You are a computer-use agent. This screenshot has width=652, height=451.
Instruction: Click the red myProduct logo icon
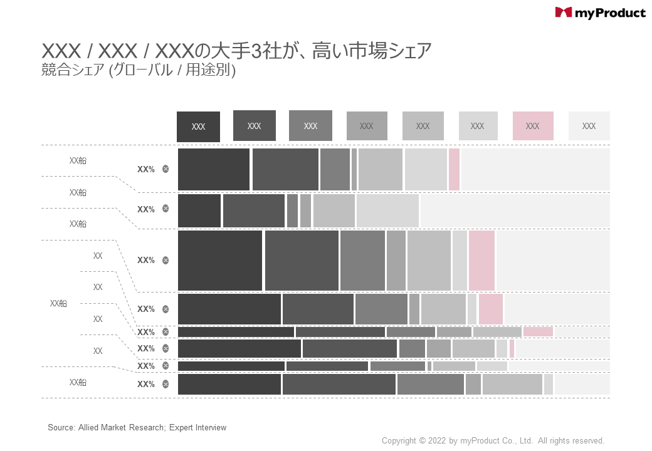564,13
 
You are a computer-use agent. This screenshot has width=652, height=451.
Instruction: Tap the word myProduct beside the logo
609,13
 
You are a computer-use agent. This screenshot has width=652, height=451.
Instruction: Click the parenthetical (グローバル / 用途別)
172,71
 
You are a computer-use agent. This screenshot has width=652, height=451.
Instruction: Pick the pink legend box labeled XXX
533,126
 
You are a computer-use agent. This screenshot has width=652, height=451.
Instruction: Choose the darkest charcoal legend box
198,127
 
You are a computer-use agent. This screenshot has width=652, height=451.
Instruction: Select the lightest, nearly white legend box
589,126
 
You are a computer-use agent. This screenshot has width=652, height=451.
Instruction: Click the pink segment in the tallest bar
481,261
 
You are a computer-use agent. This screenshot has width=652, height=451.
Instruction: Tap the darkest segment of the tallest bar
219,261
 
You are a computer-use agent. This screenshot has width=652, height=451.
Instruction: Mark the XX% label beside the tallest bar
146,261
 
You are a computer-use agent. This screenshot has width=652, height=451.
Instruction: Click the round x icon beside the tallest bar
166,261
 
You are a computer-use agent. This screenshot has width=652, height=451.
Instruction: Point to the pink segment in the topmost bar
454,169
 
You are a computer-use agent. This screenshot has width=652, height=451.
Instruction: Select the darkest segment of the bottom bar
229,384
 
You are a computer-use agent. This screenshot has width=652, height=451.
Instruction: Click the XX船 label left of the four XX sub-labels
58,303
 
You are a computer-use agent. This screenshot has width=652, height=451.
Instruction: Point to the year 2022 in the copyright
438,441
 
